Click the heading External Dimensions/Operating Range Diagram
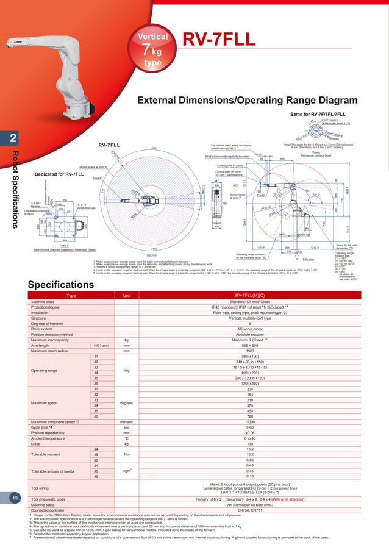(247, 100)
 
